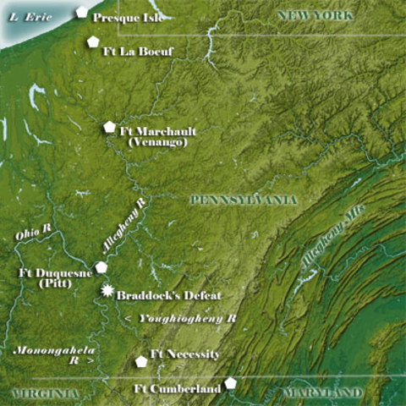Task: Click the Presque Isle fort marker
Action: point(81,12)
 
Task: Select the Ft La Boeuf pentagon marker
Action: point(92,41)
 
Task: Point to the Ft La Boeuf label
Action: point(138,52)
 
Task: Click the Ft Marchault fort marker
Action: point(109,127)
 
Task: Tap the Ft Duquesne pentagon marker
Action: point(101,266)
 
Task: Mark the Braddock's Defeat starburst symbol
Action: point(107,291)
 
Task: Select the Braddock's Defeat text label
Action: point(168,295)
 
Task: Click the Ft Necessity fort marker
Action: point(141,361)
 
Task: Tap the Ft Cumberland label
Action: point(178,389)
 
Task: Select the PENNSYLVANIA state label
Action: point(243,200)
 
